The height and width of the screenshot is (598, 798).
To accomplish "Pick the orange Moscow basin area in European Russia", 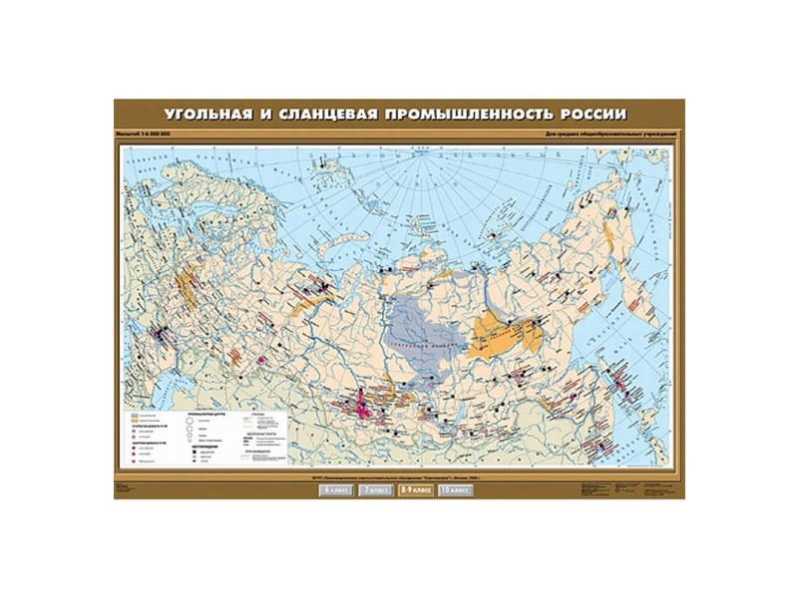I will [x=186, y=289].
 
